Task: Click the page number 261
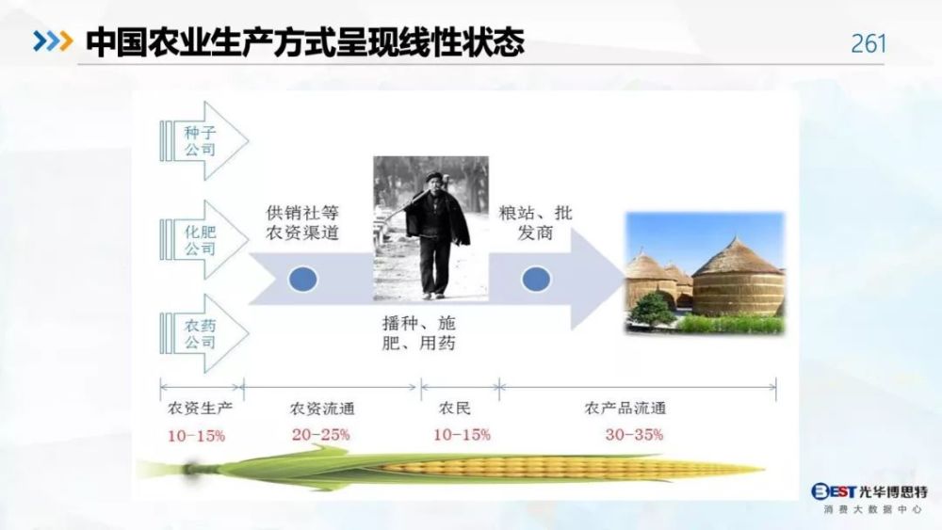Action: click(x=869, y=43)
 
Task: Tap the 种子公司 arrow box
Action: click(x=204, y=140)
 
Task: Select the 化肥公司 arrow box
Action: click(x=204, y=239)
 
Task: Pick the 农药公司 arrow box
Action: click(x=204, y=334)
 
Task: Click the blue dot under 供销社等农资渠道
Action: click(x=302, y=279)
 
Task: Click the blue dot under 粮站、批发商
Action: click(x=536, y=279)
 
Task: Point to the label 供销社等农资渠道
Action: click(x=302, y=223)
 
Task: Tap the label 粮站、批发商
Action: click(x=535, y=223)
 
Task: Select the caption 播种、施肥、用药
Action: click(x=419, y=333)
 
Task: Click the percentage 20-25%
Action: click(x=321, y=435)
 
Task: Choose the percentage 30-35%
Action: click(x=634, y=435)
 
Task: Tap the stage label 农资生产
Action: click(x=200, y=409)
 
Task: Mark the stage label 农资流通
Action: click(x=322, y=409)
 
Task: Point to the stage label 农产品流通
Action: click(x=625, y=409)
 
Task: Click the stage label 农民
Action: click(x=455, y=409)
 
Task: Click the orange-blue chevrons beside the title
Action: click(x=54, y=40)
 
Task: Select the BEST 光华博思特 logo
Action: click(x=869, y=498)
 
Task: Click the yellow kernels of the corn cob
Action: click(x=564, y=467)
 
